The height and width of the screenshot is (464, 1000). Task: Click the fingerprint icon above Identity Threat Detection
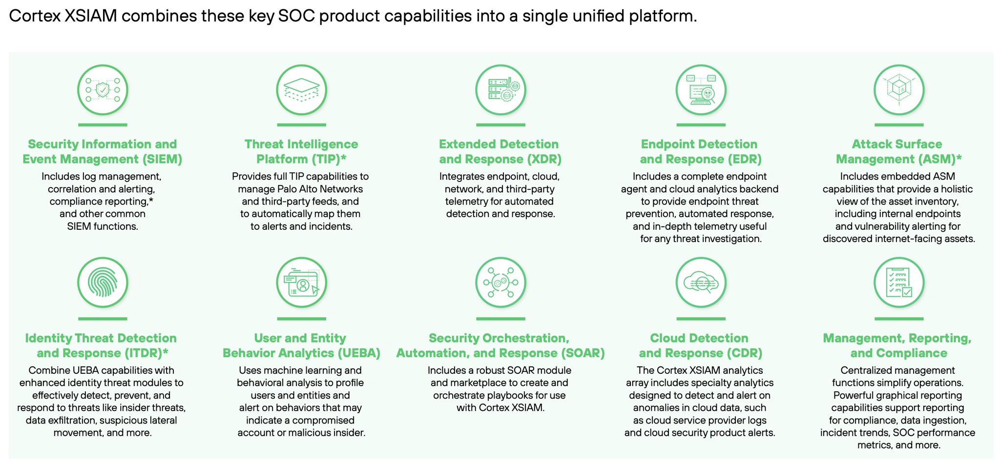point(103,282)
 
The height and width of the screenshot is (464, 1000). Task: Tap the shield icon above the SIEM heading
point(103,90)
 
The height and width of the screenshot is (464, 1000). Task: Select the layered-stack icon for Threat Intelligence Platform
point(301,90)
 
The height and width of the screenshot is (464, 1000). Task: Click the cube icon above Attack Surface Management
point(899,90)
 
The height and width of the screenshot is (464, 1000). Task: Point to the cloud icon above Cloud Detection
point(701,282)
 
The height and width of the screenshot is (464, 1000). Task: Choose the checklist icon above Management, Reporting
point(899,282)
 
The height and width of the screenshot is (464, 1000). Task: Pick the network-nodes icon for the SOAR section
point(500,282)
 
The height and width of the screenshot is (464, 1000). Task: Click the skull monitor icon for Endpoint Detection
point(701,90)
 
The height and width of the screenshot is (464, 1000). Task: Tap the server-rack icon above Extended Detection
point(500,90)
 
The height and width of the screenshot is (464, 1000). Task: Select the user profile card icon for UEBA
point(301,282)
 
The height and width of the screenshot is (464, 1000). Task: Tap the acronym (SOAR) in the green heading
point(582,353)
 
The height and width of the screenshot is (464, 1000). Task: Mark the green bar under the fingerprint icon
point(103,319)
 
